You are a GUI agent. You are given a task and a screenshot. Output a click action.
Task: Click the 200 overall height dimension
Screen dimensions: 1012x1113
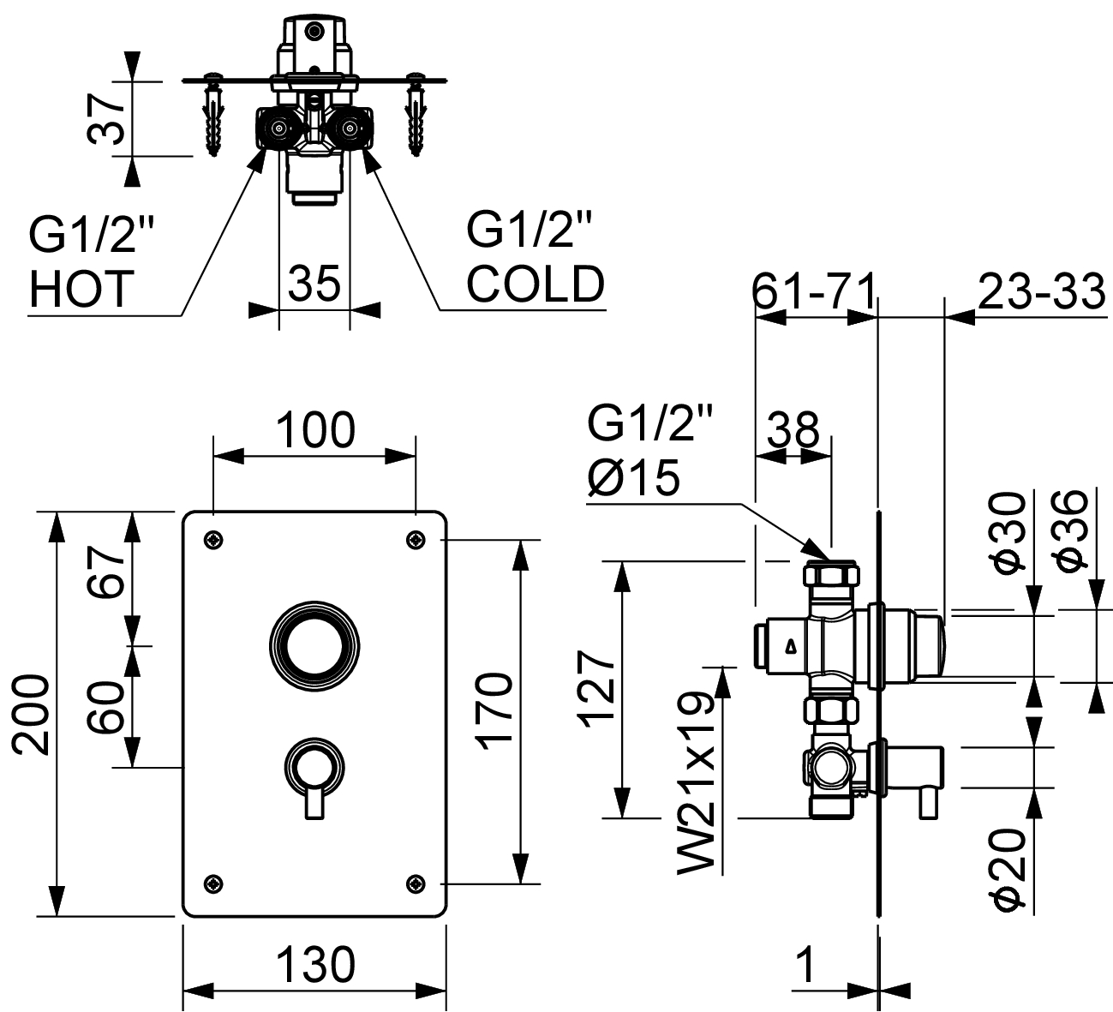click(29, 713)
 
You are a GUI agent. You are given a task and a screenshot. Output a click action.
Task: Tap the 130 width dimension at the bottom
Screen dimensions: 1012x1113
click(315, 965)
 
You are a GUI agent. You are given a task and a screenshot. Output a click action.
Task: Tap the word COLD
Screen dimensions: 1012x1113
click(536, 284)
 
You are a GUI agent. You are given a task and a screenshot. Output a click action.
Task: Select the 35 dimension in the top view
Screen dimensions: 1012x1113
click(314, 283)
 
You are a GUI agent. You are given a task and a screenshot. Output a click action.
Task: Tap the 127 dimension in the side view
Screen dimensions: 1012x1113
click(596, 689)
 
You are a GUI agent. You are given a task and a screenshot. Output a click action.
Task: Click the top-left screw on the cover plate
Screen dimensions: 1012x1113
click(213, 539)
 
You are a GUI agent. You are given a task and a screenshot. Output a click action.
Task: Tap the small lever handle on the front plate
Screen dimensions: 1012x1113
click(314, 775)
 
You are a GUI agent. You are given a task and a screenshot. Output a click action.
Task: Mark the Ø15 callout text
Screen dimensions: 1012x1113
click(635, 476)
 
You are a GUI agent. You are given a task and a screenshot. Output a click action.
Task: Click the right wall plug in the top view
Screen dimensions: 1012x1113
click(417, 116)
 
